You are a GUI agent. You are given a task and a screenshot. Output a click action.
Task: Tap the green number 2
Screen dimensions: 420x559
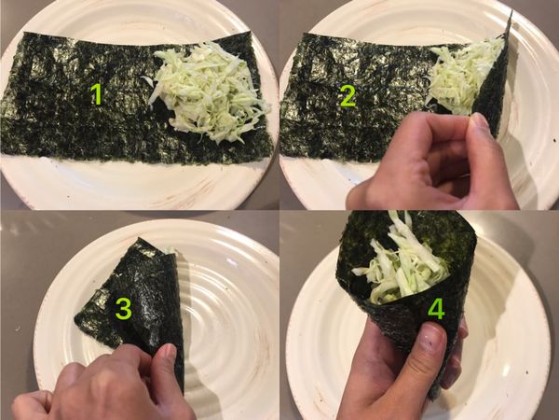348,94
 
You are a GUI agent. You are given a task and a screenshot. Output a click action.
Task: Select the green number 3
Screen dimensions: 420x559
121,310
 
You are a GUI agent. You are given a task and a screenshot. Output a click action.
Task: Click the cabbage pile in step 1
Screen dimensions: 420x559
207,91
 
